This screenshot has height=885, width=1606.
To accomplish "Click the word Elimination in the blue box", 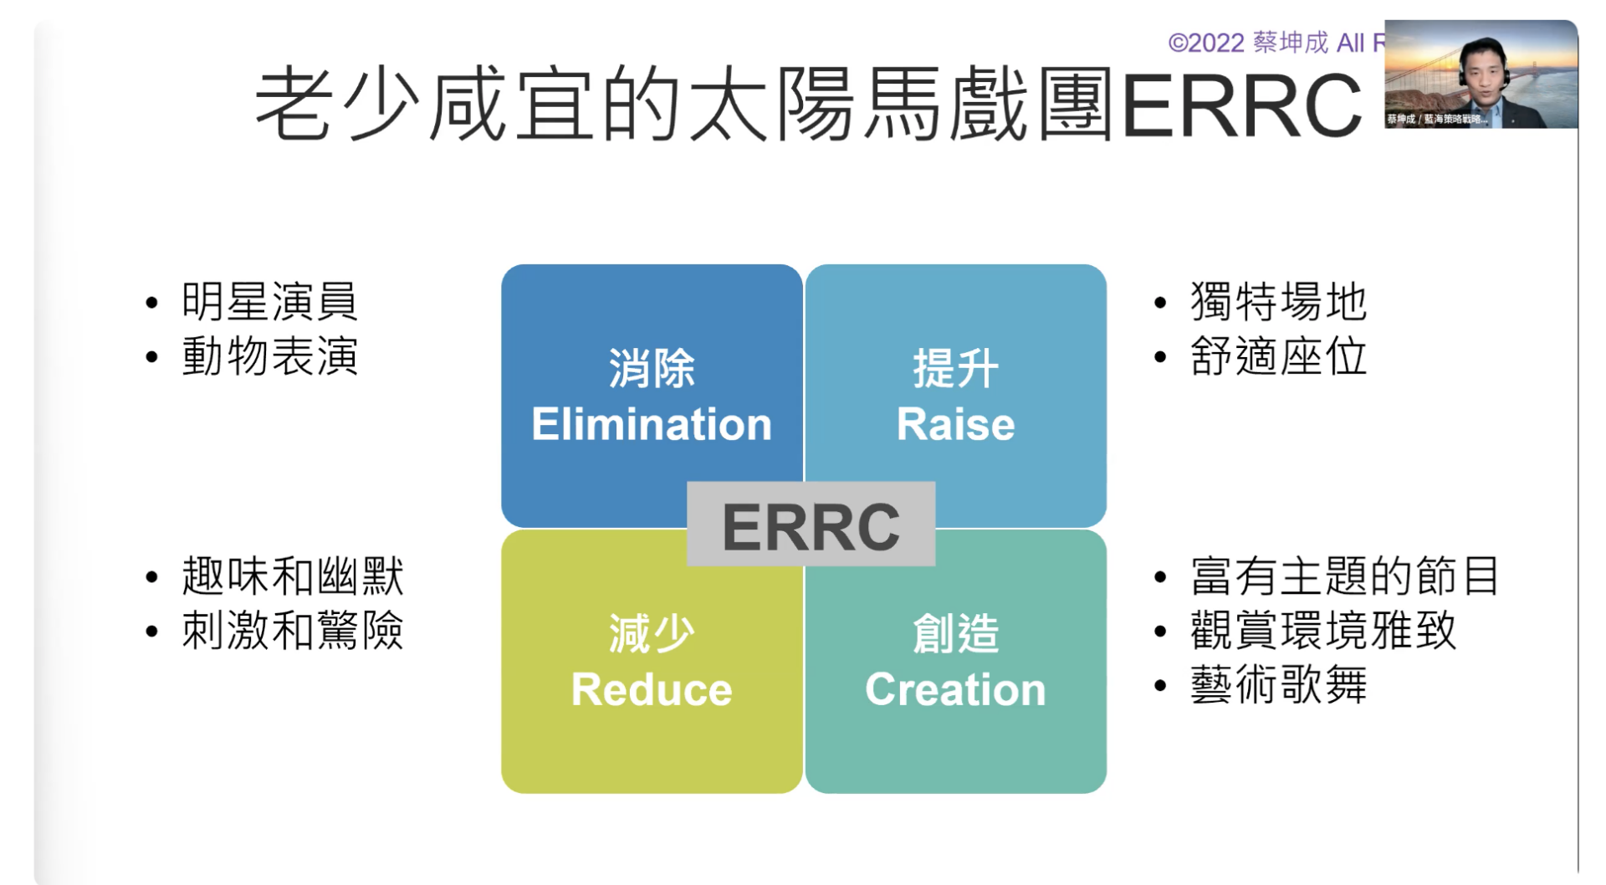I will click(x=651, y=424).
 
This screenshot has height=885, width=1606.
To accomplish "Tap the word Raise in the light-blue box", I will click(x=955, y=424).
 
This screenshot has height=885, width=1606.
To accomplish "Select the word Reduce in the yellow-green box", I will click(x=651, y=689).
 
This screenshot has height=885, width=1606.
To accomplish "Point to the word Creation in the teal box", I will click(x=955, y=689).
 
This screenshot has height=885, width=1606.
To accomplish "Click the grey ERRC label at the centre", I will click(x=811, y=526).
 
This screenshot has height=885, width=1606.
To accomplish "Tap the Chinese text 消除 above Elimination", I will click(x=651, y=368).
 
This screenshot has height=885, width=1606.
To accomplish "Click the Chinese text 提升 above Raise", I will click(x=955, y=368).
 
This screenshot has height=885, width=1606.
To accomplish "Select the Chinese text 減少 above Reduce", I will click(x=651, y=633).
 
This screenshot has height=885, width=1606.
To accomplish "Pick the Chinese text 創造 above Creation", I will click(x=955, y=633).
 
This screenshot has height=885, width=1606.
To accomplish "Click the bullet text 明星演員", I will click(x=269, y=302).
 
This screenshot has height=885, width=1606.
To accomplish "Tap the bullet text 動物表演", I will click(x=269, y=356).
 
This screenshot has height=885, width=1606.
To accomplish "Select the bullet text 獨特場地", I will click(x=1278, y=302).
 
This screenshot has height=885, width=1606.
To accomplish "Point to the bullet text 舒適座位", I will click(x=1278, y=356).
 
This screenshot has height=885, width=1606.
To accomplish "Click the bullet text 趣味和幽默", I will click(x=292, y=576).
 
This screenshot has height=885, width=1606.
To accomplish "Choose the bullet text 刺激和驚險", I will click(x=292, y=631).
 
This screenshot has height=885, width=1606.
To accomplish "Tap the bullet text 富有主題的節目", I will click(x=1344, y=576).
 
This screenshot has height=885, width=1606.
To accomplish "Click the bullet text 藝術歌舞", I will click(x=1278, y=685).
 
